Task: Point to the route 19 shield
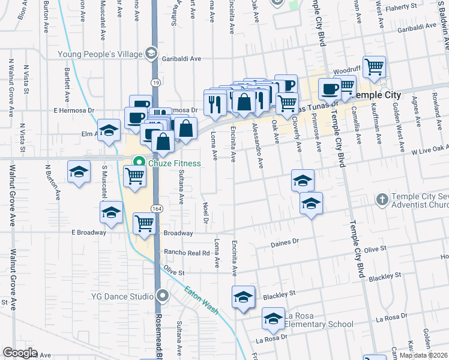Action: (x=155, y=81)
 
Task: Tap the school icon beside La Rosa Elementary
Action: (x=273, y=319)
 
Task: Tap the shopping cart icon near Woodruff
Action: (x=375, y=67)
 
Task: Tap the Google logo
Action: (x=20, y=353)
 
